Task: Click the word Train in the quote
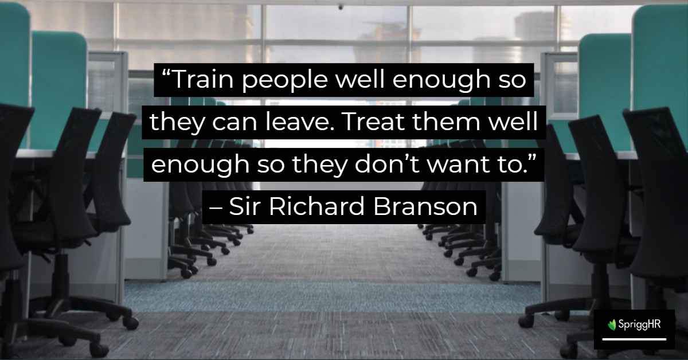pos(204,79)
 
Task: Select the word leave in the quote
pos(300,122)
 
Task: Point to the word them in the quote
pos(446,122)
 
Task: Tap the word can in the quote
pos(234,123)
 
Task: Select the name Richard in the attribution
pos(316,206)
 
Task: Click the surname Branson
pos(425,206)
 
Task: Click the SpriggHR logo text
pos(639,324)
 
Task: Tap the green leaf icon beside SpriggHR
pos(612,324)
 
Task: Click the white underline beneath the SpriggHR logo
pos(634,339)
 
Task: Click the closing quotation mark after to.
pos(532,158)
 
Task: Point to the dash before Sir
pos(216,209)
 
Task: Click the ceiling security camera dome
pos(341,6)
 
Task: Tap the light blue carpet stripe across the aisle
pos(333,297)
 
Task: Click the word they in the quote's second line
pos(177,123)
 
